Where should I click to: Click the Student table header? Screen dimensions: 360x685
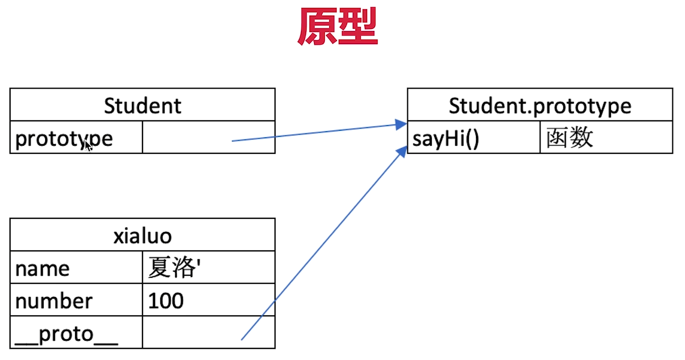pos(142,105)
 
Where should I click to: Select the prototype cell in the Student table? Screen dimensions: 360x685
pos(64,138)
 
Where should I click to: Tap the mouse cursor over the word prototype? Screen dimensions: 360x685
pos(88,146)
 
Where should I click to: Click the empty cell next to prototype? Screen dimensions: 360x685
pos(209,137)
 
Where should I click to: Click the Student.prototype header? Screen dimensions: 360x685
pos(540,105)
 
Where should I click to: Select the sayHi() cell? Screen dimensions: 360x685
pos(446,138)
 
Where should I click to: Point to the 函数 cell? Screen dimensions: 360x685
pos(570,138)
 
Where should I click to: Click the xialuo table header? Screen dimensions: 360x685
pos(142,236)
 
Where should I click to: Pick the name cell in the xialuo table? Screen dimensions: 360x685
pos(43,269)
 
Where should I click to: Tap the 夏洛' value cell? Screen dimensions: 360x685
pos(173,268)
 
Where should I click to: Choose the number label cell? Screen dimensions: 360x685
pos(54,301)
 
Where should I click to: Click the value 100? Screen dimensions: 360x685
pos(166,301)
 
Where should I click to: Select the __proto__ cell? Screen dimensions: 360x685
pos(66,334)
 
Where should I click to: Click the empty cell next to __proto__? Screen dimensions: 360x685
pos(209,333)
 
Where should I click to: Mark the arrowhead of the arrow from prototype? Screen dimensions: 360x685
pos(402,124)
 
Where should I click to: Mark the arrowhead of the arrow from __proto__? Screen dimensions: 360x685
pos(403,150)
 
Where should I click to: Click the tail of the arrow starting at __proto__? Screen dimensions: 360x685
pos(242,339)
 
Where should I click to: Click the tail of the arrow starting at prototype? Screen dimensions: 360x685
pos(233,141)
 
